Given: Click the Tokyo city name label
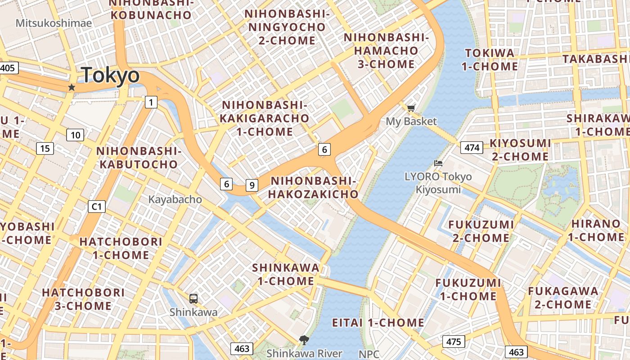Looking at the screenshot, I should tap(111, 75).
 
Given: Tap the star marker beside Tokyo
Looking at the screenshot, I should tap(72, 87).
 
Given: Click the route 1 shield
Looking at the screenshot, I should tap(151, 103).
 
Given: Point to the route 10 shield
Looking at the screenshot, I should tap(75, 135).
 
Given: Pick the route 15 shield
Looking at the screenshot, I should tap(45, 148).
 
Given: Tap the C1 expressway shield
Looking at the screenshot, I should tap(97, 207).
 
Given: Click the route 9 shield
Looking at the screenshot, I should tap(252, 184).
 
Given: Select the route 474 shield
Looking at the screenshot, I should tap(472, 148).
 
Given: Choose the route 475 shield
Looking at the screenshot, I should tap(453, 342).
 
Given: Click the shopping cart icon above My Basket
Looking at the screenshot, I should tap(411, 108).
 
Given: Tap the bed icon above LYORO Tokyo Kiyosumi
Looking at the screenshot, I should tap(438, 163).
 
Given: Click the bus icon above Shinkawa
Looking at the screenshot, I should tap(193, 298).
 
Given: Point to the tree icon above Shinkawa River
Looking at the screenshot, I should tap(304, 340).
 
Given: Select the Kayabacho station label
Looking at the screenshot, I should tap(175, 199).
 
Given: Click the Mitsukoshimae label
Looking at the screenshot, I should tap(54, 23).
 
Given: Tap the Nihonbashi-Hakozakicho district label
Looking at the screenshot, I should tap(314, 187).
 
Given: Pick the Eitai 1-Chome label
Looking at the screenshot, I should tap(378, 323).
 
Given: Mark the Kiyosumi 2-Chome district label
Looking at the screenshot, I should tap(520, 150).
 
